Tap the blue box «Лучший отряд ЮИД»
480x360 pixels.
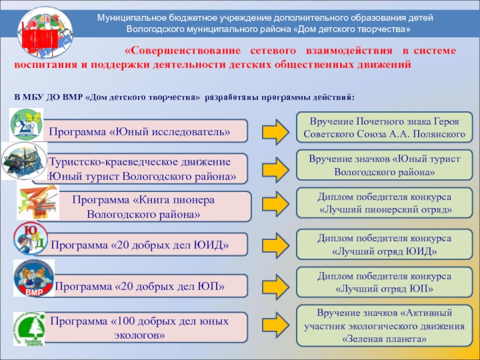click(x=385, y=244)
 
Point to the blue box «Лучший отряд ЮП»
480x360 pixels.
click(x=385, y=282)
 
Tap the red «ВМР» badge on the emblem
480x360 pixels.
click(x=33, y=293)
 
